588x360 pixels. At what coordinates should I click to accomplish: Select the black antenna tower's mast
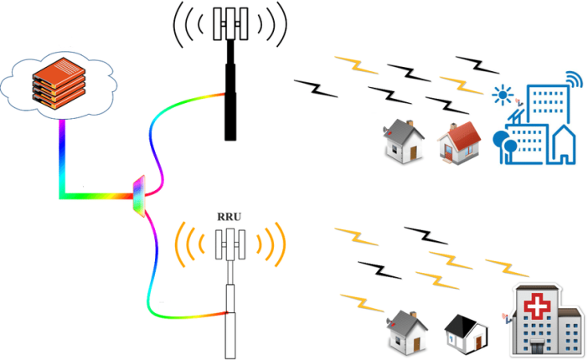[x=230, y=92]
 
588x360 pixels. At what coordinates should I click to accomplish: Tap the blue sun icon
[x=503, y=94]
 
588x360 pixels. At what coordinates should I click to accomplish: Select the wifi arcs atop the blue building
[x=571, y=80]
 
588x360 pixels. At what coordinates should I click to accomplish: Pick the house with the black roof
[x=467, y=332]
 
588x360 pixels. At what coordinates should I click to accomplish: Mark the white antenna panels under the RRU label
[x=230, y=244]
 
